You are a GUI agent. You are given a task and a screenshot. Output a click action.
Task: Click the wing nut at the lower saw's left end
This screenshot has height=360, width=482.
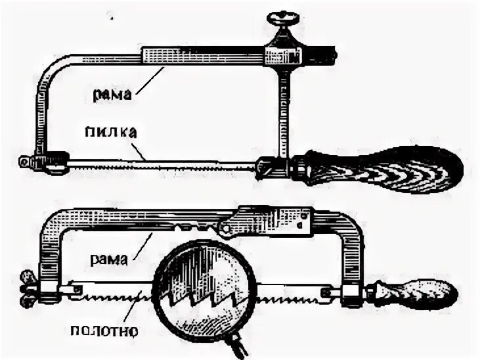(27, 284)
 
